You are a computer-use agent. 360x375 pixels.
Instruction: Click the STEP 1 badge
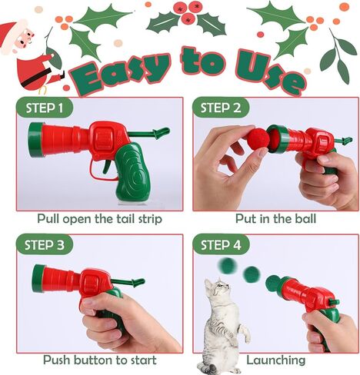tap(45, 108)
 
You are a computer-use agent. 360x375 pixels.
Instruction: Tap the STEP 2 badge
tap(221, 108)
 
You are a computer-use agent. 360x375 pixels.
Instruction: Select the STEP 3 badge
tap(45, 244)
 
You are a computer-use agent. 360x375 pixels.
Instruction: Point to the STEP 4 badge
tap(221, 244)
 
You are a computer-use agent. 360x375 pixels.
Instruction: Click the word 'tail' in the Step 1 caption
tap(126, 219)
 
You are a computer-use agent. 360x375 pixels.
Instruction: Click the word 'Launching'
tap(276, 360)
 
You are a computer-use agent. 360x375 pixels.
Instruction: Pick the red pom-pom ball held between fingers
tap(257, 141)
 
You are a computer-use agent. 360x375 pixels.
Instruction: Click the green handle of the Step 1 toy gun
tap(132, 172)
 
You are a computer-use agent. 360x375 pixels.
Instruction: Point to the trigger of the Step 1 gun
tap(107, 166)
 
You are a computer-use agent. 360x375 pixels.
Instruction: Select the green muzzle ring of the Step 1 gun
tap(35, 140)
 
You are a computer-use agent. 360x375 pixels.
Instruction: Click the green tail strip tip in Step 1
tap(161, 133)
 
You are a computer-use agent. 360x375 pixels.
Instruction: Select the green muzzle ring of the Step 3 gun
tap(38, 279)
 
